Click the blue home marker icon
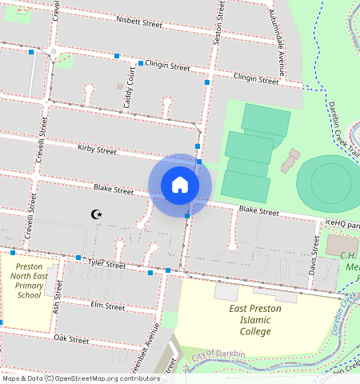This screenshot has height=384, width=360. click(180, 185)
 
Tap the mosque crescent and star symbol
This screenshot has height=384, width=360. click(98, 214)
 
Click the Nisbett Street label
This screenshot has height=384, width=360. click(139, 22)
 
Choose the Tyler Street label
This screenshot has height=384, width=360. click(107, 263)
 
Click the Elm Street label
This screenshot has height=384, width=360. click(108, 306)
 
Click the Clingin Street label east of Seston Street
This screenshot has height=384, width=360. click(256, 78)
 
